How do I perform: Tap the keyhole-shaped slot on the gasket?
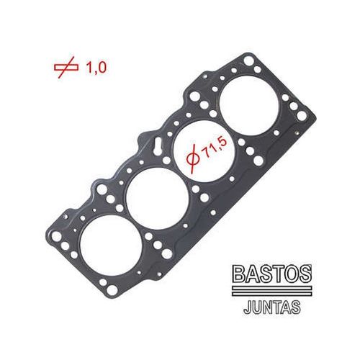157,153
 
